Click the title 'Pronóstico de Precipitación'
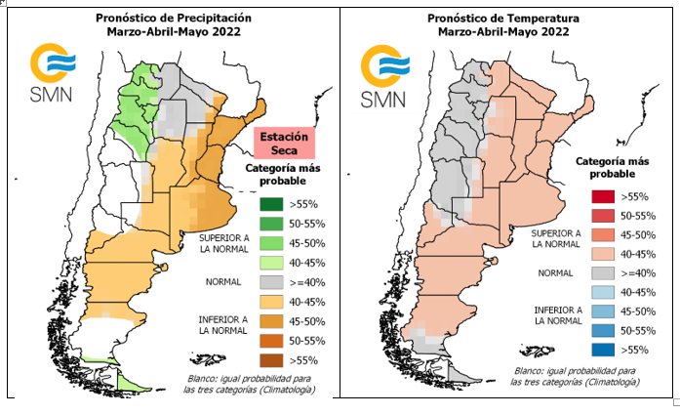pos(175,18)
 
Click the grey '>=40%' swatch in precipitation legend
pos(271,281)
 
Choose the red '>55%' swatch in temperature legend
pos(602,197)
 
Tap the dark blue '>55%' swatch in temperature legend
pos(602,349)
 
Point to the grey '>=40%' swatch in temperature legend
pos(602,272)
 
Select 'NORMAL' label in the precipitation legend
pos(223,281)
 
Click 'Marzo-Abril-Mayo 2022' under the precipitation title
pos(175,31)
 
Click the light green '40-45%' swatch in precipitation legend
pos(271,262)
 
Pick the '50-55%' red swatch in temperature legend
pos(602,216)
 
